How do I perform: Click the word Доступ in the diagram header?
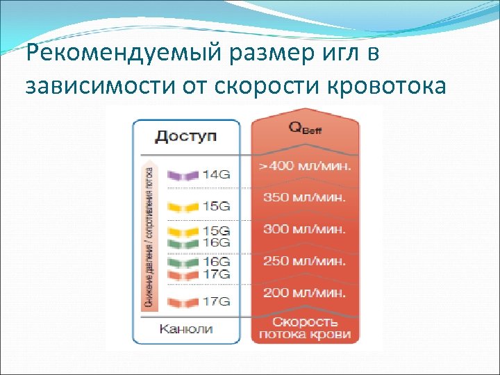(x=185, y=135)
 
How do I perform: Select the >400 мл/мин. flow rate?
(x=306, y=167)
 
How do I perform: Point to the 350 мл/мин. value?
(x=305, y=198)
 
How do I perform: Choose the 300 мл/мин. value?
(x=305, y=229)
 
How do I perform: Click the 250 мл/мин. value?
(x=305, y=261)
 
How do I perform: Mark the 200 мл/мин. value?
(x=305, y=293)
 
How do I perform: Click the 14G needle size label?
(x=216, y=174)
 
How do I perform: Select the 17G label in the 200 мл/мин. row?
(x=216, y=301)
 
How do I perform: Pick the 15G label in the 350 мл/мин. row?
(x=216, y=206)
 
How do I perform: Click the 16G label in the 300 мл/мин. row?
(x=216, y=242)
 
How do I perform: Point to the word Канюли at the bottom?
(x=186, y=328)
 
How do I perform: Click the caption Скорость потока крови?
(x=306, y=328)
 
